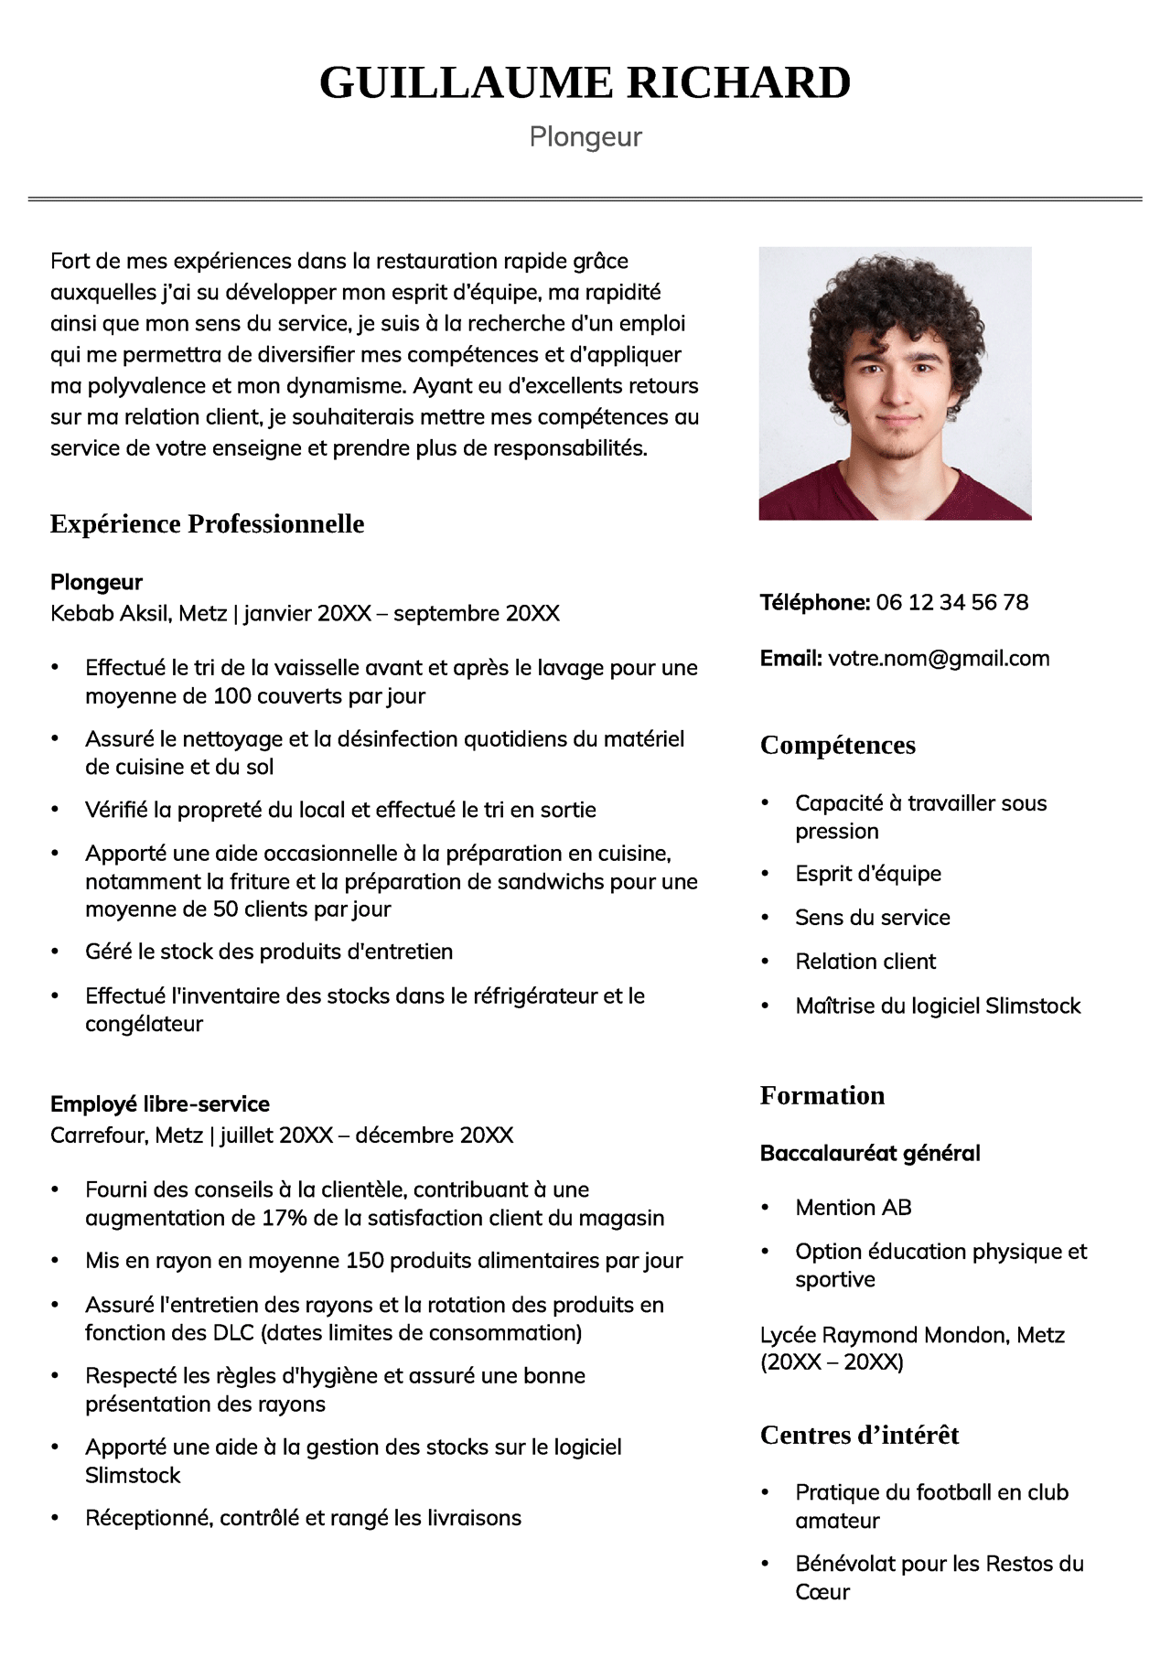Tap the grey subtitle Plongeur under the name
point(585,137)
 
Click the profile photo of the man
point(895,383)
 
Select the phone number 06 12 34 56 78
point(951,602)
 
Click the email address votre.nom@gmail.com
point(939,659)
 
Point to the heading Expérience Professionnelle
point(207,524)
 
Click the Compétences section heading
point(837,746)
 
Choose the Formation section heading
point(822,1096)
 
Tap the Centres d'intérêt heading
point(859,1436)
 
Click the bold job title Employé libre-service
point(160,1104)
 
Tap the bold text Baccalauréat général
point(869,1154)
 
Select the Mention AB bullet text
point(853,1208)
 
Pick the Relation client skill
point(865,962)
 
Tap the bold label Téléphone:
point(814,602)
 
